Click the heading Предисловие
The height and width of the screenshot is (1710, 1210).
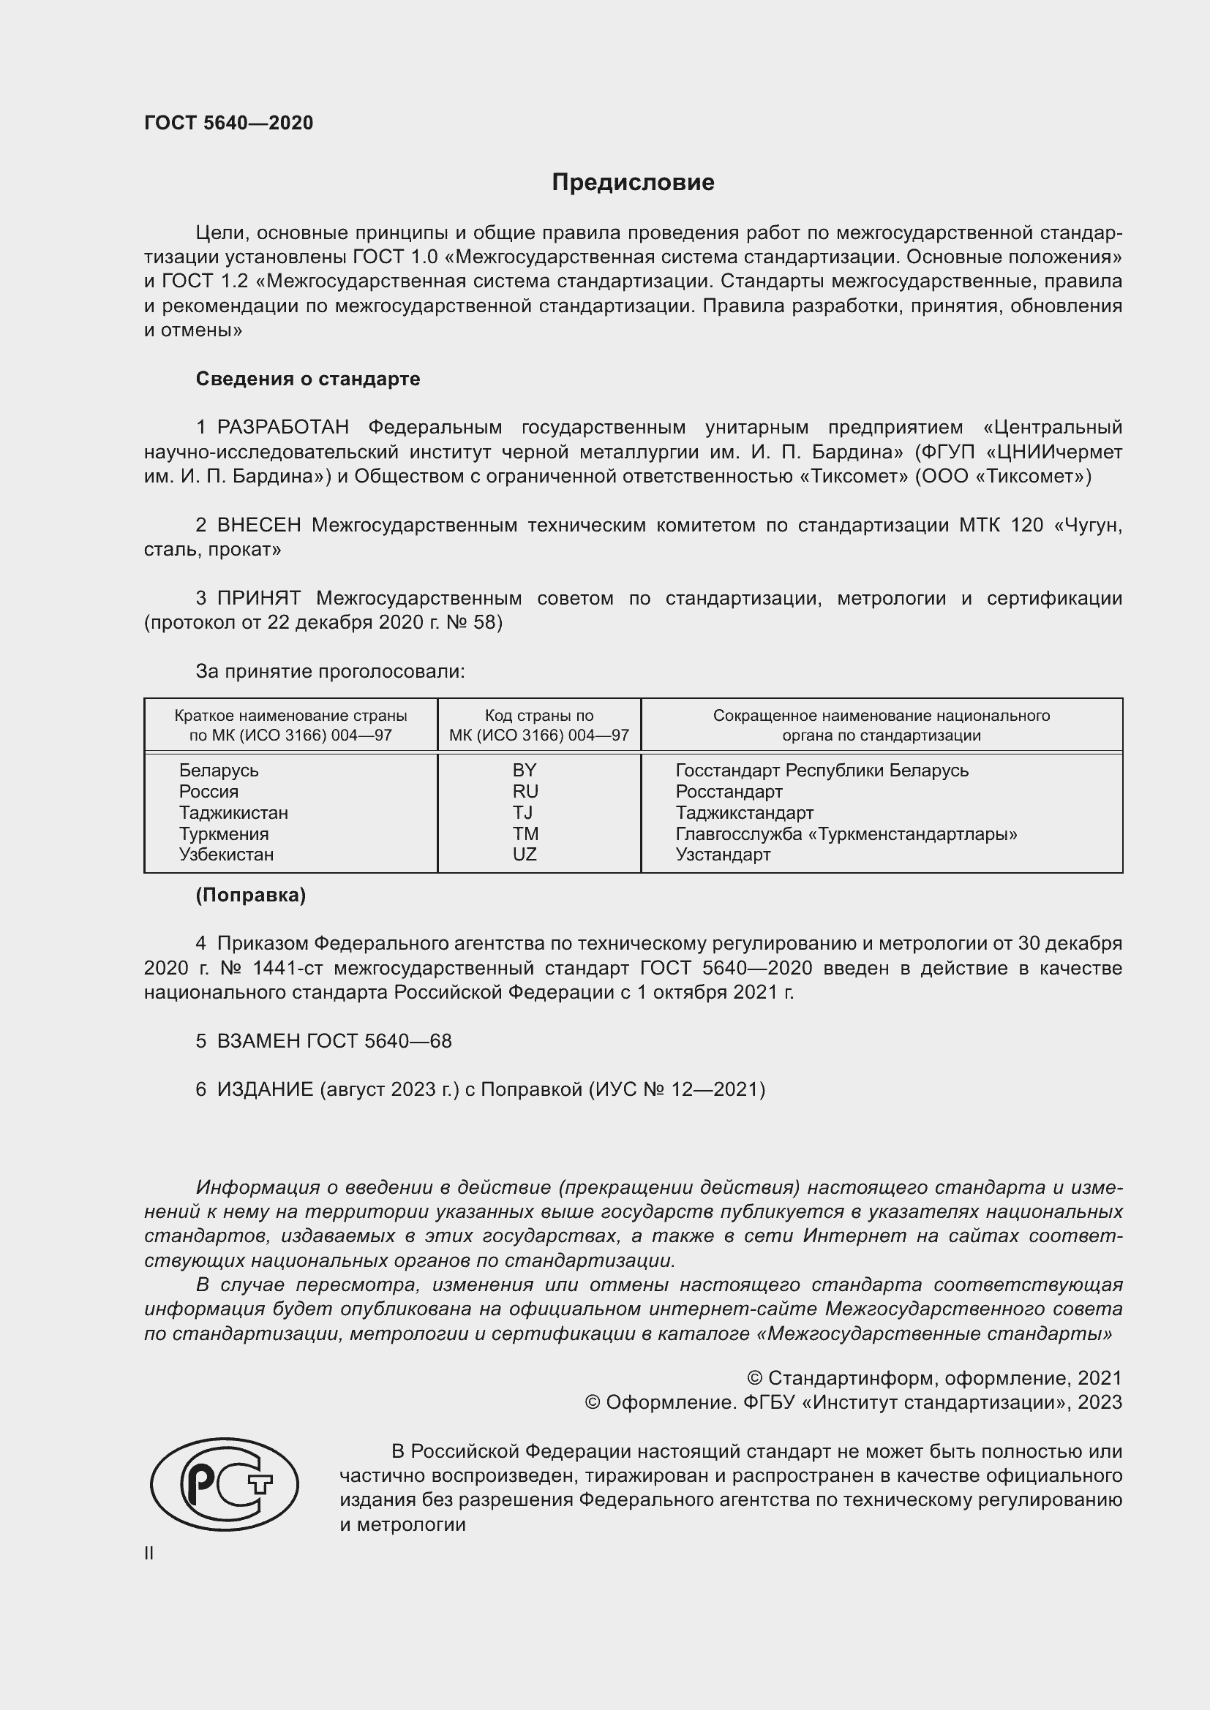(x=633, y=183)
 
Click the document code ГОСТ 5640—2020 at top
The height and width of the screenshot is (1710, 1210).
(x=229, y=123)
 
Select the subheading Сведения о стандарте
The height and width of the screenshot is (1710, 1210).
(x=308, y=379)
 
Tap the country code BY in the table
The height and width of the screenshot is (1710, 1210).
(x=525, y=770)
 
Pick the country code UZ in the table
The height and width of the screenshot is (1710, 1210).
(x=525, y=854)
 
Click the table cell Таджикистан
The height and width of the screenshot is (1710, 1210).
(x=233, y=812)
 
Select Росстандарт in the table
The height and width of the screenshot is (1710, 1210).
(x=729, y=791)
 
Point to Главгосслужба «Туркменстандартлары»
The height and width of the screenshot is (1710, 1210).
(x=846, y=834)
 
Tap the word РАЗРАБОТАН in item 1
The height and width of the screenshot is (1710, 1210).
(x=283, y=428)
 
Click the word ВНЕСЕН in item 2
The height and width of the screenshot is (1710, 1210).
(x=258, y=525)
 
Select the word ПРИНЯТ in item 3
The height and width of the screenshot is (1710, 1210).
(x=258, y=598)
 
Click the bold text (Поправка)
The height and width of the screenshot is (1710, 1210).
(x=250, y=896)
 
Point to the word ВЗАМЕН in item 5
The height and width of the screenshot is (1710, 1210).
(x=258, y=1041)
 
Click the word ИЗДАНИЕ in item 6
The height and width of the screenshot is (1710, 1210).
(x=266, y=1089)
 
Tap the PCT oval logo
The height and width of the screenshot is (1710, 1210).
(x=225, y=1484)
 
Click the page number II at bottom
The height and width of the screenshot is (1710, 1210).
(x=149, y=1554)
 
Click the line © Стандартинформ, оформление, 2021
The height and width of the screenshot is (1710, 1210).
(x=934, y=1379)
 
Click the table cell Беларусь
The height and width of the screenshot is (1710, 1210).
(x=218, y=770)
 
